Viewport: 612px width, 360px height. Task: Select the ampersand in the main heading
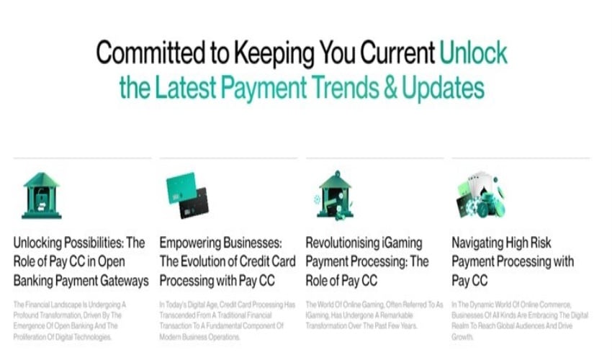pyautogui.click(x=368, y=88)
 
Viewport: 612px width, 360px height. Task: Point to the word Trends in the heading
pyautogui.click(x=320, y=88)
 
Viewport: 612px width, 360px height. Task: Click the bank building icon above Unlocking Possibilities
pyautogui.click(x=41, y=194)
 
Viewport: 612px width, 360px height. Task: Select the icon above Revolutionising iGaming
pyautogui.click(x=334, y=194)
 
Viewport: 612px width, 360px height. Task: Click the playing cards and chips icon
pyautogui.click(x=480, y=194)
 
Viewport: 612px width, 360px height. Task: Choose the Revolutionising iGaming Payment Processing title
pyautogui.click(x=367, y=261)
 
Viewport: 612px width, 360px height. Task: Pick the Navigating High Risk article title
pyautogui.click(x=513, y=261)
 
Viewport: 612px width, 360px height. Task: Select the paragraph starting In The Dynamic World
pyautogui.click(x=518, y=321)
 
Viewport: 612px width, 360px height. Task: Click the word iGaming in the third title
pyautogui.click(x=396, y=243)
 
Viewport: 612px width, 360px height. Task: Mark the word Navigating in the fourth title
pyautogui.click(x=481, y=243)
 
